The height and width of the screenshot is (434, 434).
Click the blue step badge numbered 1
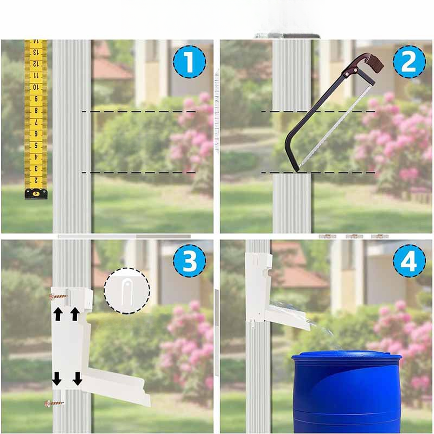(189, 62)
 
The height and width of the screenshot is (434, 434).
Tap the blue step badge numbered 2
(409, 62)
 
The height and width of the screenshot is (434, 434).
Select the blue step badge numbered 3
(189, 261)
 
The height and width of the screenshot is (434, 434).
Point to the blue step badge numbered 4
(409, 261)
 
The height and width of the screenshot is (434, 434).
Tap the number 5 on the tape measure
(36, 145)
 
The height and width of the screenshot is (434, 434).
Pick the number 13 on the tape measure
(36, 52)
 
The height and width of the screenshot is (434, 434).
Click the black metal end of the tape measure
(36, 194)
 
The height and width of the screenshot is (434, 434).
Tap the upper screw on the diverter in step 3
(59, 297)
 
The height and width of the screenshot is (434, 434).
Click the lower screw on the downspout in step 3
(55, 403)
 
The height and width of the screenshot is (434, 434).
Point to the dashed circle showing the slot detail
(127, 290)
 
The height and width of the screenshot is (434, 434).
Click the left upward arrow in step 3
(58, 315)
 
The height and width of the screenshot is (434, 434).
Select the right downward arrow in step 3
(78, 379)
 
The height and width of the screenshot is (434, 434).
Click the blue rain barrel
(346, 392)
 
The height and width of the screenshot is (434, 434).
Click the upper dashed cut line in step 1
(139, 111)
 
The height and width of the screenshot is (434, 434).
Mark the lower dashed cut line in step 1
(139, 173)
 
